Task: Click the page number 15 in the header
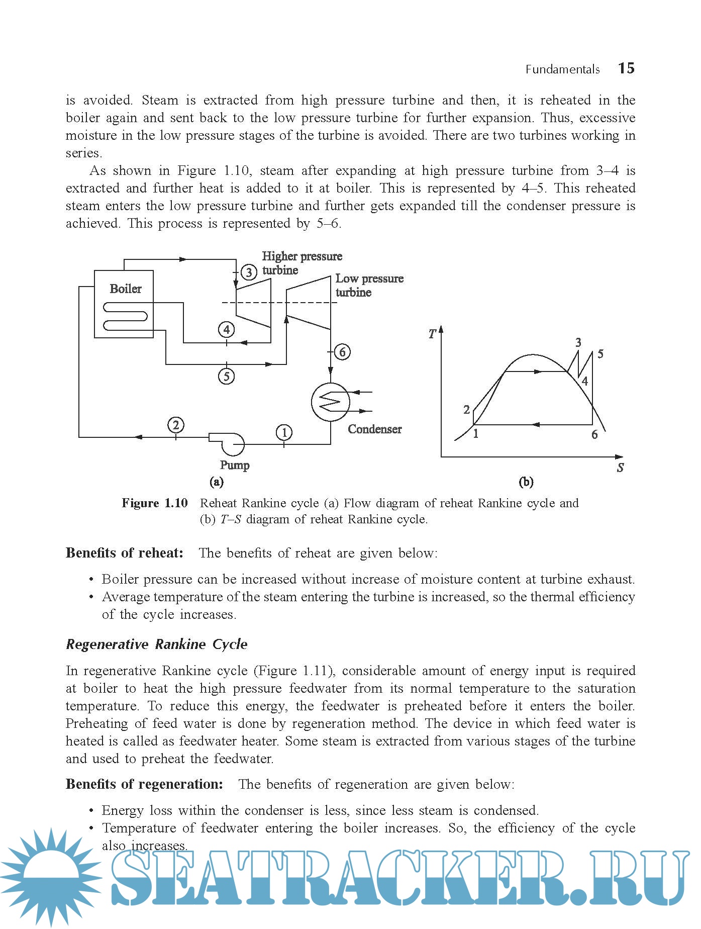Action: click(x=626, y=68)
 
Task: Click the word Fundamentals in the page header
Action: click(x=562, y=69)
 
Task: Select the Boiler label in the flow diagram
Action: click(x=125, y=289)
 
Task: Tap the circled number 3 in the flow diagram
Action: click(x=249, y=272)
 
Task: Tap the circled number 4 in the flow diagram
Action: click(x=227, y=330)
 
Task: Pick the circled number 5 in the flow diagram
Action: click(x=227, y=376)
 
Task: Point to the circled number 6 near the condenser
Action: click(x=342, y=352)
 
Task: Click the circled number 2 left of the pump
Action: click(x=175, y=425)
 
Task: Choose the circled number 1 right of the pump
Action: click(x=284, y=432)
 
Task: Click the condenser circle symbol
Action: click(x=330, y=402)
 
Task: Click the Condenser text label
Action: click(x=374, y=429)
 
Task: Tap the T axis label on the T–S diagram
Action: click(x=432, y=334)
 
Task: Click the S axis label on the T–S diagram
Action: click(x=621, y=468)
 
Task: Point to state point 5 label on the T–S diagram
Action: click(x=600, y=354)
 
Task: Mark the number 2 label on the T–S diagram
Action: click(x=466, y=410)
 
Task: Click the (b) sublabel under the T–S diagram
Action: click(x=526, y=482)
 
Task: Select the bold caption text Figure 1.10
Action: click(x=155, y=503)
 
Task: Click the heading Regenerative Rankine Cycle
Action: click(x=157, y=644)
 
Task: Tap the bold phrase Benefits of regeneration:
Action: click(x=145, y=784)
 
